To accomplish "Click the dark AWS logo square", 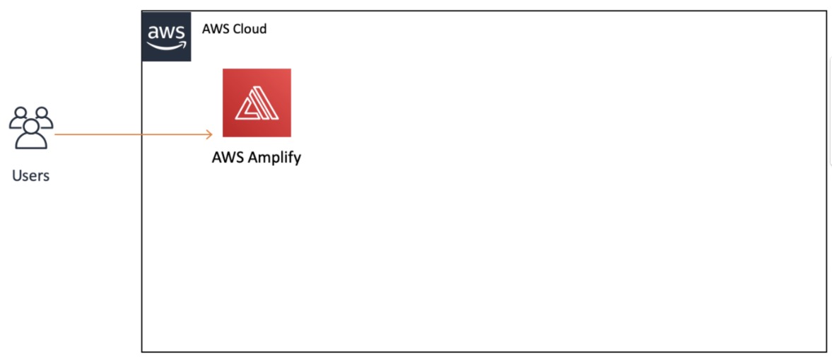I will point(166,36).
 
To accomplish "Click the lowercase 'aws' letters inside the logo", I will point(166,32).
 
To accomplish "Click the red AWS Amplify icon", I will point(257,103).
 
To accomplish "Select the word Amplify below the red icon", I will point(274,158).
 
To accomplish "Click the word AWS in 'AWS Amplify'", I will point(228,157).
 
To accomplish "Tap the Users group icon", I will point(30,127).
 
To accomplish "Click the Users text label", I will point(30,175).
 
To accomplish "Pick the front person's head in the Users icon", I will point(30,126).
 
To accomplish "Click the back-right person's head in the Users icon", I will point(42,112).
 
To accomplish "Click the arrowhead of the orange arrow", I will point(209,134).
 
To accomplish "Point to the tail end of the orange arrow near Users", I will point(57,134).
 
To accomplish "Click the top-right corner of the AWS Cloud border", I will point(826,11).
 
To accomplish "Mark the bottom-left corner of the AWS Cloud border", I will point(142,351).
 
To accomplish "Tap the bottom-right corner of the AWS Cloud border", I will point(826,351).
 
